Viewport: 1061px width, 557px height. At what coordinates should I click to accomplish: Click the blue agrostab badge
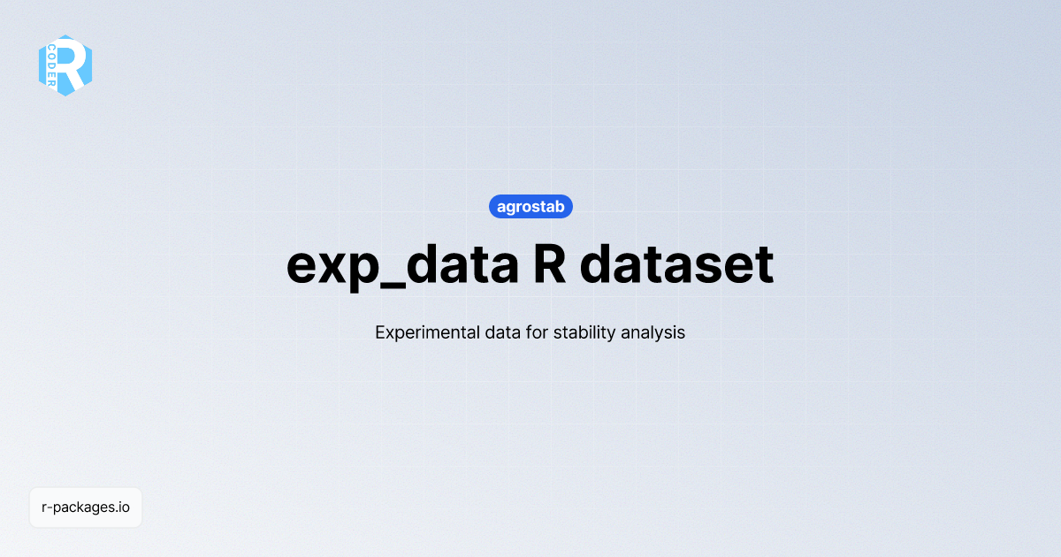(530, 207)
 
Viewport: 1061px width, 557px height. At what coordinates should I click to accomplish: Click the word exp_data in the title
(402, 263)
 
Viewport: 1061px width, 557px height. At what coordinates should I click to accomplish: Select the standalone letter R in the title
(550, 263)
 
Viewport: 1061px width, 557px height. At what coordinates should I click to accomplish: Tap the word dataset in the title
(678, 263)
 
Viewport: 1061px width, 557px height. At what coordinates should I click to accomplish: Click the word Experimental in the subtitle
(418, 333)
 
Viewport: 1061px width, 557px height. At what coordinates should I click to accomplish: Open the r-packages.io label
(86, 507)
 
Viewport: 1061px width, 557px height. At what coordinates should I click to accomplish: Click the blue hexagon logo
(65, 65)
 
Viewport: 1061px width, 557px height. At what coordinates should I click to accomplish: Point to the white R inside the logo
(74, 65)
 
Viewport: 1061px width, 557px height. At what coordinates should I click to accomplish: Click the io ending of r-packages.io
(125, 507)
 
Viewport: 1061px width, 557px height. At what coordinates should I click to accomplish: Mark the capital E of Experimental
(380, 333)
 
